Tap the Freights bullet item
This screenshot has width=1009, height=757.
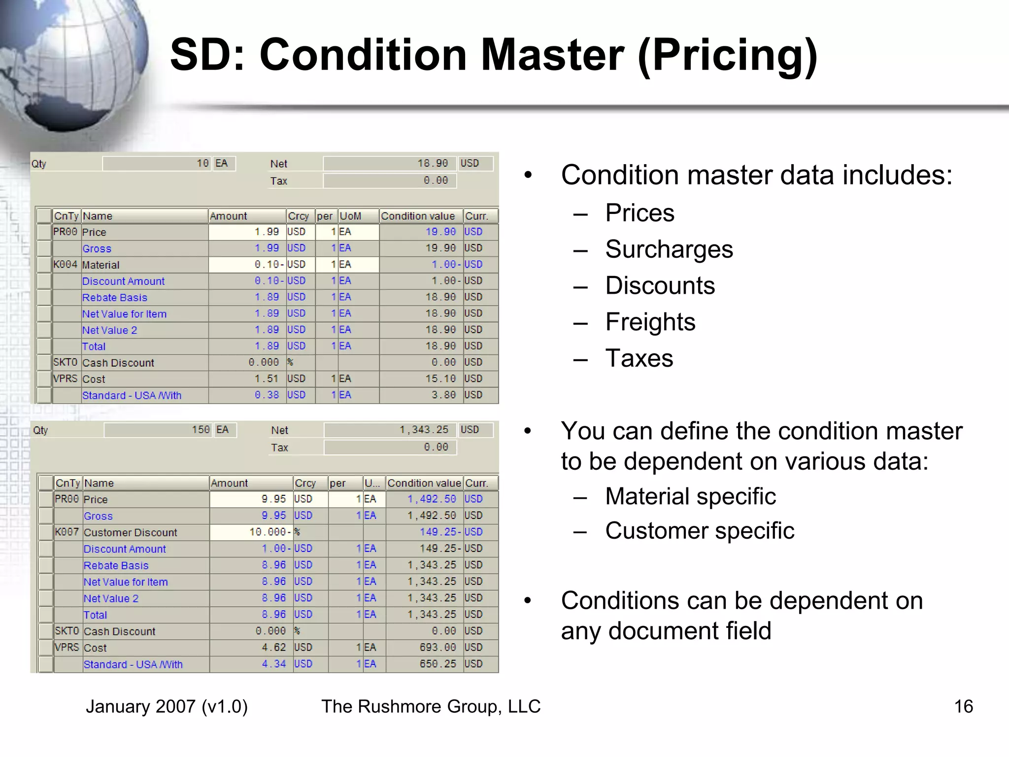tap(650, 322)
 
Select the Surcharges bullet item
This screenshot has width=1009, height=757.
tap(669, 249)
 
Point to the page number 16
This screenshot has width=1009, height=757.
tap(963, 706)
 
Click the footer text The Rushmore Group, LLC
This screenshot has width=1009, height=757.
tap(431, 706)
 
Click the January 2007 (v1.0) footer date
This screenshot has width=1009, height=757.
tap(167, 706)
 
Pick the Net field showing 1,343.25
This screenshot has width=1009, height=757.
tap(390, 430)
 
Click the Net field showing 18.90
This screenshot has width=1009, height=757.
tap(389, 163)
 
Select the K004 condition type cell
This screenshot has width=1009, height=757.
tap(66, 265)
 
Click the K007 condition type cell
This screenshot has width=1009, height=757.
tap(67, 532)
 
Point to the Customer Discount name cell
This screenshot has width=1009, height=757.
tap(131, 533)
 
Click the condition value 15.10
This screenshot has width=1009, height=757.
tap(440, 378)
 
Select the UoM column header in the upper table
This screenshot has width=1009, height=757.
tap(350, 216)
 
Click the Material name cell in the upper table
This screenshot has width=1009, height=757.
tap(101, 265)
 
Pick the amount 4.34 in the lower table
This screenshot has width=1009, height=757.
tap(273, 664)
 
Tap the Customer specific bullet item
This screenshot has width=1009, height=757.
tap(699, 531)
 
